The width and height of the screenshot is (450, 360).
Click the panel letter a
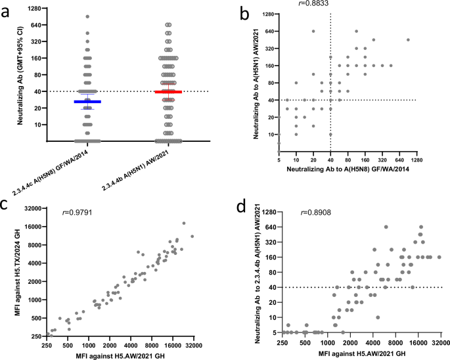pyautogui.click(x=11, y=12)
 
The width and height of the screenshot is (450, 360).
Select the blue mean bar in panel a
pyautogui.click(x=87, y=102)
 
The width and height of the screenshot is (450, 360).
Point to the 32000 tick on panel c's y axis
pyautogui.click(x=33, y=208)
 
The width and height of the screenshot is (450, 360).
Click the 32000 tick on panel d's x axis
pyautogui.click(x=439, y=342)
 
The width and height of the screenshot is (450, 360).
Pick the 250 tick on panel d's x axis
pyautogui.click(x=284, y=342)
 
